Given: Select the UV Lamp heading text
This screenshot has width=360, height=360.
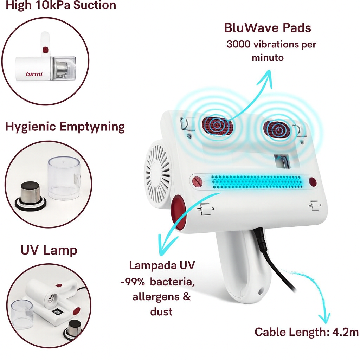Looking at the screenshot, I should click(x=49, y=250).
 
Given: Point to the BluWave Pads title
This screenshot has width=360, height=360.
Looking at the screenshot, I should click(x=268, y=28).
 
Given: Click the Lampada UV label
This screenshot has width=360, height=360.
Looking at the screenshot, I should click(x=162, y=265).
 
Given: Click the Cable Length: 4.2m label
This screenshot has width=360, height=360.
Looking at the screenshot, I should click(x=306, y=332).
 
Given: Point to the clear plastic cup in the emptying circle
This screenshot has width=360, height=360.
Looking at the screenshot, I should click(x=64, y=178).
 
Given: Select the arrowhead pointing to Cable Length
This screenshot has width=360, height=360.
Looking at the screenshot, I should click(x=324, y=319).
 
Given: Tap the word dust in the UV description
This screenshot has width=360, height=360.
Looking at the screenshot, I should click(x=161, y=311).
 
